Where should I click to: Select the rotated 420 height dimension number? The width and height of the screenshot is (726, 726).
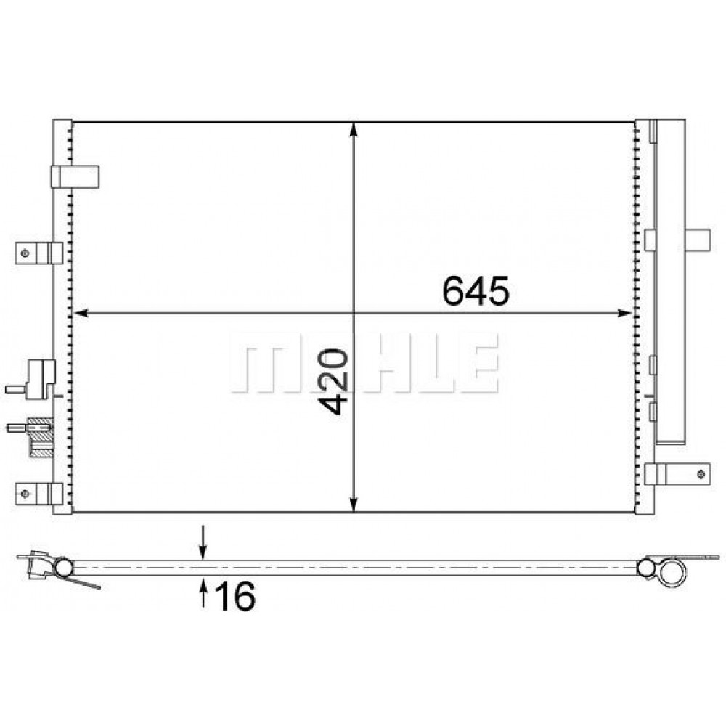(x=333, y=382)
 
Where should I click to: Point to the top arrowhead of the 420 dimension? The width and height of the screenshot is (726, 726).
(x=354, y=129)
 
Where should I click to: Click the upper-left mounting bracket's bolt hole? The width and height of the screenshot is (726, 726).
(x=25, y=253)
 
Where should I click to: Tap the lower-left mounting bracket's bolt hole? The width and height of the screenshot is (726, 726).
(x=25, y=494)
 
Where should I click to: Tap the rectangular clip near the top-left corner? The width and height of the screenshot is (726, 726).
(x=74, y=176)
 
